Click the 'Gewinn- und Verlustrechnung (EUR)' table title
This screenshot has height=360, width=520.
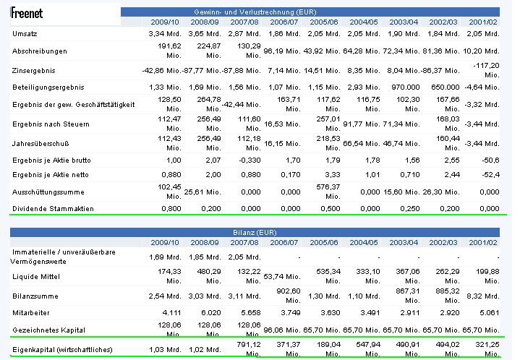click(309, 12)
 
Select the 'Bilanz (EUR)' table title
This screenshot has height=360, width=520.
click(309, 233)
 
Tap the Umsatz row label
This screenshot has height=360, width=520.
click(24, 34)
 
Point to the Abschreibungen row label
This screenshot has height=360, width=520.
click(40, 51)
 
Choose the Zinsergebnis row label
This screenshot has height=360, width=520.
click(34, 70)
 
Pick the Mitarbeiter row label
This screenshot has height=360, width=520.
click(32, 314)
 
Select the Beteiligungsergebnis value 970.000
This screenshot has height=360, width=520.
click(402, 87)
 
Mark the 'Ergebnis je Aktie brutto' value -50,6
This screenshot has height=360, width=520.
click(488, 159)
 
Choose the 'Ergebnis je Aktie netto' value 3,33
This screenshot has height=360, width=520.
click(333, 175)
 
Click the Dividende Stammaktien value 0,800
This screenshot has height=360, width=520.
click(170, 209)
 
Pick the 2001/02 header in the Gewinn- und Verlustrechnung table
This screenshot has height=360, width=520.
click(482, 22)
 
